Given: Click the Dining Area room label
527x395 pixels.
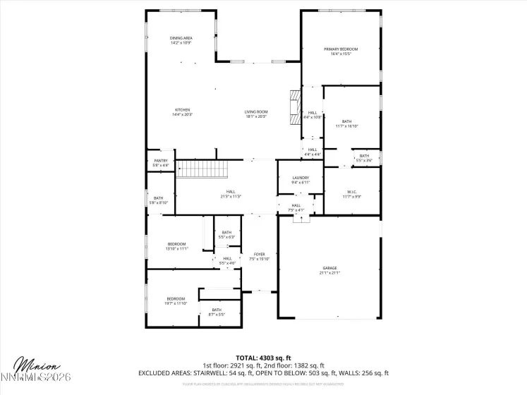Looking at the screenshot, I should pyautogui.click(x=181, y=40).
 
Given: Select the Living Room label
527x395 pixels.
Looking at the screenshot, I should pyautogui.click(x=256, y=112).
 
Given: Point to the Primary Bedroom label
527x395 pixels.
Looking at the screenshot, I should pyautogui.click(x=341, y=51).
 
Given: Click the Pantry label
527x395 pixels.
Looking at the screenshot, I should pyautogui.click(x=161, y=163).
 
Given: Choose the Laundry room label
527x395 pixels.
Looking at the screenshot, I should pyautogui.click(x=301, y=180).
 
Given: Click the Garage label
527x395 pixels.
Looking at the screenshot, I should pyautogui.click(x=330, y=270).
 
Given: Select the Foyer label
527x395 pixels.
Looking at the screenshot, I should pyautogui.click(x=260, y=256).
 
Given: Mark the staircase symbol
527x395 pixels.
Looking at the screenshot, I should pyautogui.click(x=202, y=170).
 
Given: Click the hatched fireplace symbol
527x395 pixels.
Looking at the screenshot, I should pyautogui.click(x=293, y=108).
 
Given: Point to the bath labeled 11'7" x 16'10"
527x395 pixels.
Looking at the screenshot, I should pyautogui.click(x=347, y=123).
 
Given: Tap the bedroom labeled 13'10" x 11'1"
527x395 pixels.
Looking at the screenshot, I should pyautogui.click(x=176, y=246).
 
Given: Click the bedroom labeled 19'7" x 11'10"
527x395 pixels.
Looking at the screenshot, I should pyautogui.click(x=176, y=300).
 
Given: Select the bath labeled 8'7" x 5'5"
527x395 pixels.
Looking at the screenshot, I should pyautogui.click(x=217, y=311).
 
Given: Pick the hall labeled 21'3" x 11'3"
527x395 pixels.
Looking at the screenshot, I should pyautogui.click(x=231, y=193).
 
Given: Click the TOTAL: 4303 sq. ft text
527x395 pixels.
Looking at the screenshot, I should pyautogui.click(x=263, y=358).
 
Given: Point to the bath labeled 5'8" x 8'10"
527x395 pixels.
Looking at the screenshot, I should pyautogui.click(x=159, y=200).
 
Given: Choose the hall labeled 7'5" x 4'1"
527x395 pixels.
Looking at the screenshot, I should pyautogui.click(x=296, y=207).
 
